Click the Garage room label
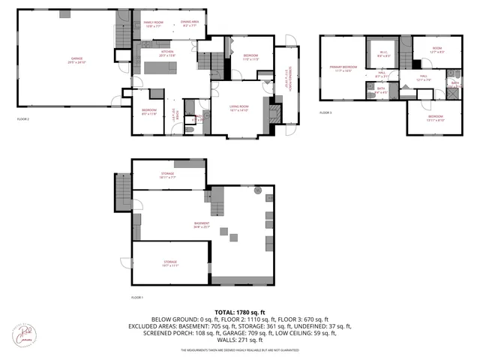tap(76, 59)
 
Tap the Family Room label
tap(154, 25)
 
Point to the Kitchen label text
tap(166, 53)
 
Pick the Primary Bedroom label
tap(344, 69)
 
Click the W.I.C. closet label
tap(383, 54)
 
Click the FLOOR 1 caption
tap(137, 297)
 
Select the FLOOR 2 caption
tap(24, 118)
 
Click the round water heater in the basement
tap(259, 191)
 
